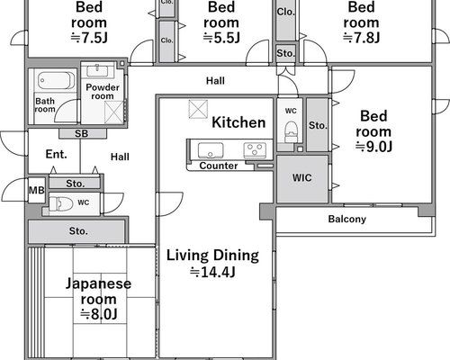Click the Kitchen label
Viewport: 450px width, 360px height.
click(238, 122)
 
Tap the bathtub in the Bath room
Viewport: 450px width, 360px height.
click(56, 80)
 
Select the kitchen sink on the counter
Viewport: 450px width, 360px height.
click(211, 150)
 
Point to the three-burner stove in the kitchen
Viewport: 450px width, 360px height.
click(255, 150)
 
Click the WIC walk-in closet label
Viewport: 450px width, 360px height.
click(301, 177)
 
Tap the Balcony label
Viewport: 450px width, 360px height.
click(347, 219)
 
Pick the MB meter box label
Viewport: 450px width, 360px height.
click(37, 190)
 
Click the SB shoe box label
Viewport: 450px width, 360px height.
click(81, 133)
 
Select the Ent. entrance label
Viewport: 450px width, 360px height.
click(56, 154)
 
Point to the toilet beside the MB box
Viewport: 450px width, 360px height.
click(61, 203)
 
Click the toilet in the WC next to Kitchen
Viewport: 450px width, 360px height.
click(291, 131)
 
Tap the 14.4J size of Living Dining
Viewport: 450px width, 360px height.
click(212, 273)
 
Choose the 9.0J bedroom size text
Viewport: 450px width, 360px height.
click(373, 147)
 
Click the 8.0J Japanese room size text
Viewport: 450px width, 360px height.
click(98, 314)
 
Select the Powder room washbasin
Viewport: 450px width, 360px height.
click(97, 71)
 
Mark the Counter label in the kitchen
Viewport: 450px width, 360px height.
click(219, 166)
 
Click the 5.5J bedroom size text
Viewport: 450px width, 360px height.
click(221, 38)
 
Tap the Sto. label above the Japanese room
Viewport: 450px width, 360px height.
click(78, 231)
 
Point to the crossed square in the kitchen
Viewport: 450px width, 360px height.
click(198, 109)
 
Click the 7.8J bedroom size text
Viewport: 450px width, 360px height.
click(361, 38)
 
